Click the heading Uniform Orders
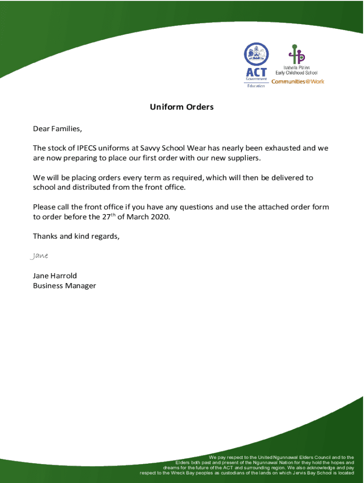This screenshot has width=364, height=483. click(x=182, y=107)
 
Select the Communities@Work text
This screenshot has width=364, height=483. click(x=297, y=82)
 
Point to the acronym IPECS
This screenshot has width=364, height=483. click(x=87, y=148)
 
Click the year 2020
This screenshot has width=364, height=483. click(x=159, y=217)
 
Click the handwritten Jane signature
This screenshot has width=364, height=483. click(x=39, y=256)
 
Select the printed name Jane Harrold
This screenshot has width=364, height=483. click(x=55, y=275)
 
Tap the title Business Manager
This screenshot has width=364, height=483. click(x=64, y=285)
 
